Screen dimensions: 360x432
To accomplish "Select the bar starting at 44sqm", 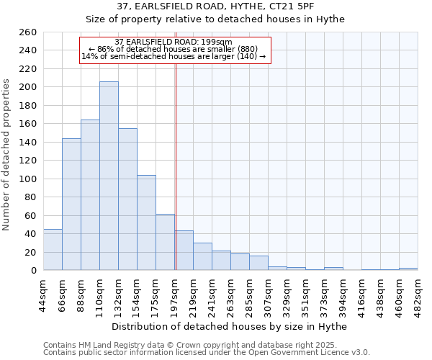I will point(53,250).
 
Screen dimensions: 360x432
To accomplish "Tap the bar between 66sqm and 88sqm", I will point(71,204).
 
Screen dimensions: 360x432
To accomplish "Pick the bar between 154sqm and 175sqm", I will point(146,223).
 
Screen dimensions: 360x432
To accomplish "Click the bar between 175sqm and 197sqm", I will point(165,242).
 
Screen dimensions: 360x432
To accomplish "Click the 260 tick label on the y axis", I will point(29,32).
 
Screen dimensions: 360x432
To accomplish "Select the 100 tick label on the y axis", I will point(29,179).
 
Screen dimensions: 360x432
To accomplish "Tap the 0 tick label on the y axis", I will point(34,271).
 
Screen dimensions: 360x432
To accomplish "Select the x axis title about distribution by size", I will point(230,326).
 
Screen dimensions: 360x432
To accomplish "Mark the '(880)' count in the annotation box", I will point(235,49).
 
